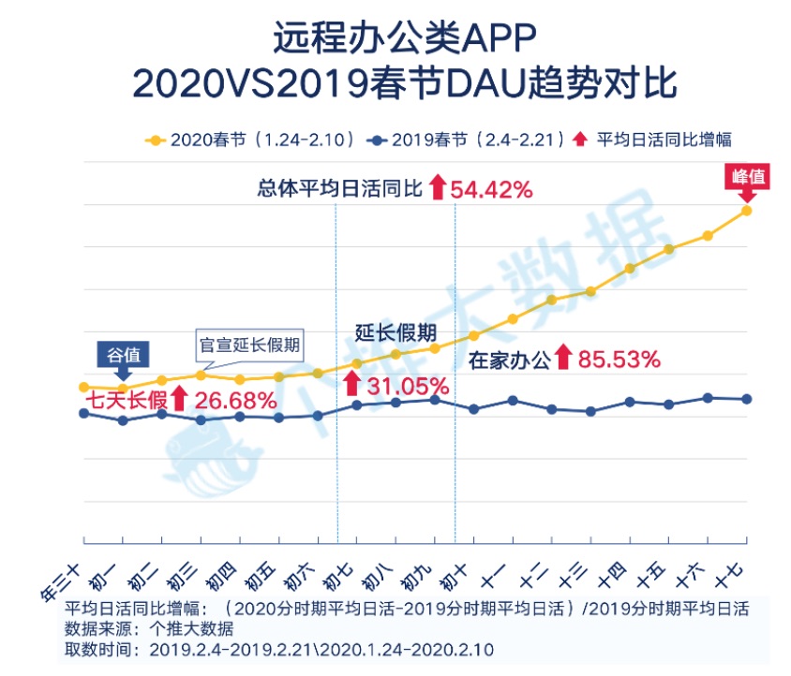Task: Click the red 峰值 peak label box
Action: click(x=746, y=175)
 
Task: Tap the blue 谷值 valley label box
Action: click(x=124, y=355)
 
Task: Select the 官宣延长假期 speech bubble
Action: click(x=250, y=344)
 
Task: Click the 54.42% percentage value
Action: click(x=492, y=189)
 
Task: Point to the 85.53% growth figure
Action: click(x=619, y=359)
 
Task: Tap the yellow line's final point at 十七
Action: click(x=747, y=210)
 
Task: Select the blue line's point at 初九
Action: click(x=435, y=400)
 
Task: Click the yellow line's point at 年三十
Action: click(x=83, y=387)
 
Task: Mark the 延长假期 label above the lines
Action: click(x=395, y=331)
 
